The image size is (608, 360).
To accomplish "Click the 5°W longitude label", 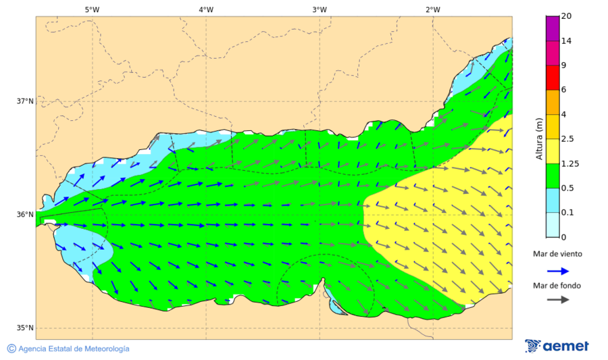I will click(x=92, y=9).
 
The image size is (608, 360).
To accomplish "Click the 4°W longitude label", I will click(x=205, y=9).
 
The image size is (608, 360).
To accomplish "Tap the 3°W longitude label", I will click(x=319, y=9).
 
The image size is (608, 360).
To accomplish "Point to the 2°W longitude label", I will click(x=432, y=9).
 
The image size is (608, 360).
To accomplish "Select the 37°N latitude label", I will click(x=25, y=101).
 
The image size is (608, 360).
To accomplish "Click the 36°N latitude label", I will click(x=25, y=215).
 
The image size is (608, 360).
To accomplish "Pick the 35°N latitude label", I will click(x=25, y=328).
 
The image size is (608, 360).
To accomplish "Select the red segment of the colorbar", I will click(x=553, y=78).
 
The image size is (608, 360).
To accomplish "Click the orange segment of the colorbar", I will click(x=553, y=102).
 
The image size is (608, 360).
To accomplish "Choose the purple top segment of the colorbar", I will click(x=553, y=28).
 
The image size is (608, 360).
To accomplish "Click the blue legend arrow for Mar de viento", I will click(x=557, y=271).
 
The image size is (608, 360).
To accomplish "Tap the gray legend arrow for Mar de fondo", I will click(x=557, y=300).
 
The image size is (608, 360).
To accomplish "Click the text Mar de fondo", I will click(x=557, y=286).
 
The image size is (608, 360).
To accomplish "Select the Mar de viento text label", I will click(x=557, y=254).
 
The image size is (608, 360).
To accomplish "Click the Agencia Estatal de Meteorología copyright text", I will click(x=68, y=349).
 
